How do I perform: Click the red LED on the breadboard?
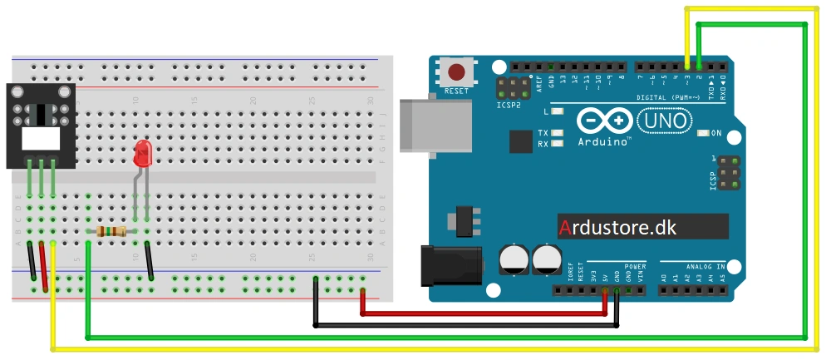coord(143,153)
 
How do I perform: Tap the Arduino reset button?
coord(456,72)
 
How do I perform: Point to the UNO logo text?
coord(665,121)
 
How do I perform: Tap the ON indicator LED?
coord(703,133)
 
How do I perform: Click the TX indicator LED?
coord(556,133)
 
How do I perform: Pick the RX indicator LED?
coord(556,143)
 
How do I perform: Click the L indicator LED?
coord(556,111)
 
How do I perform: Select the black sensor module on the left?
coord(40,126)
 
